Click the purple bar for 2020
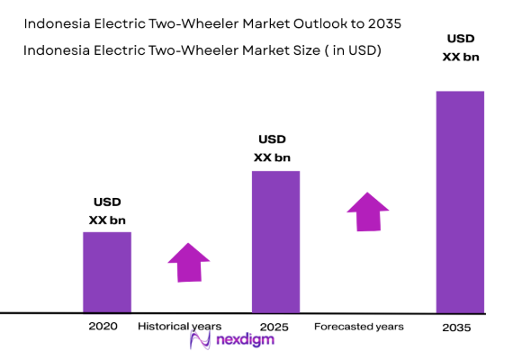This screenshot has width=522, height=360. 107,272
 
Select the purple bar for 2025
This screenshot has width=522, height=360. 275,241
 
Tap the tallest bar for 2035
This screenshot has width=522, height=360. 460,201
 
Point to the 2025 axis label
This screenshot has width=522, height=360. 274,328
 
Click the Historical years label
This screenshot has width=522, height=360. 179,326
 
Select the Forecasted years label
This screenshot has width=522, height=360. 358,326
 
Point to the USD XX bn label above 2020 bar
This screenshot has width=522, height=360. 106,211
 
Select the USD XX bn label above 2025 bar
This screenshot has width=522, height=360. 272,148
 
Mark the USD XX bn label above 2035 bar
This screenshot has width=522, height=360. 460,48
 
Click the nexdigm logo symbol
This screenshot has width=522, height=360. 202,340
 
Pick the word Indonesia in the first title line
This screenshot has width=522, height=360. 60,22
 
